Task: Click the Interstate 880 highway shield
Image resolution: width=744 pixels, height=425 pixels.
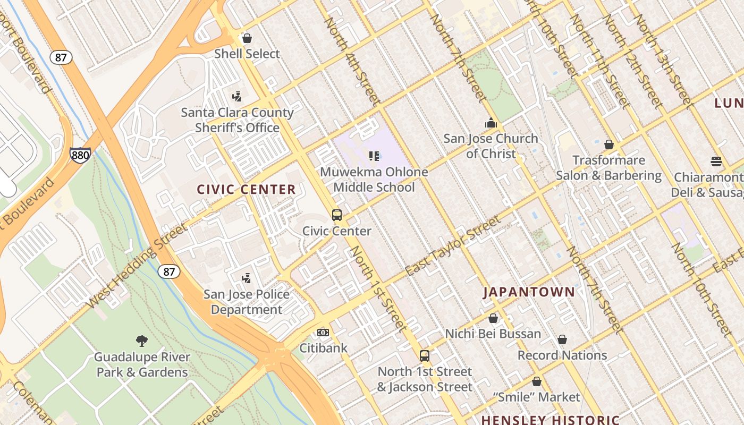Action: (x=79, y=155)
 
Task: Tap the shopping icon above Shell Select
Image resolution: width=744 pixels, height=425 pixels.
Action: (x=247, y=38)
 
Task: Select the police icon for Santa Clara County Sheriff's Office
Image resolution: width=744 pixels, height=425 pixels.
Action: (x=237, y=97)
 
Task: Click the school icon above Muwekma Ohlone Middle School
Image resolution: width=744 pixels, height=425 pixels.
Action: (x=374, y=156)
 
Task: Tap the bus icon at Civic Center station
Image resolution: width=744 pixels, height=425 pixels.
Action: (x=337, y=215)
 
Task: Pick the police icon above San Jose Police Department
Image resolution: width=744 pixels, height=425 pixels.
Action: (x=246, y=278)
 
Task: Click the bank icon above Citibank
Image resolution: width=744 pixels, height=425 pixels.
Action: (x=323, y=333)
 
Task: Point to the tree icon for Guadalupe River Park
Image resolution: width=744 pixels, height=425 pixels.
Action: (x=142, y=341)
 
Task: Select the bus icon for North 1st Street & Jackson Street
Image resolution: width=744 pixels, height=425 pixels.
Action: (x=424, y=356)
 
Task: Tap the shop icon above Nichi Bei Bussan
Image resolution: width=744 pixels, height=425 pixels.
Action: (x=493, y=318)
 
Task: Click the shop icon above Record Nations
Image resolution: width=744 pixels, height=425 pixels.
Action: (x=562, y=339)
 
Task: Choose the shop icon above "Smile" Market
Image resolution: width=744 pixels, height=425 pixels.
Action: (x=537, y=381)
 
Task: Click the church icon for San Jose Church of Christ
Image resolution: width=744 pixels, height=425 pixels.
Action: (x=491, y=123)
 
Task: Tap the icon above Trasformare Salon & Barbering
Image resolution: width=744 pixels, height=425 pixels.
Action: (x=609, y=144)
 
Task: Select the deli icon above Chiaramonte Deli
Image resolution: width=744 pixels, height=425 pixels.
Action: (x=716, y=161)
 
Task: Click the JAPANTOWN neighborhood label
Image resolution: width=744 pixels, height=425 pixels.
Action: (x=529, y=292)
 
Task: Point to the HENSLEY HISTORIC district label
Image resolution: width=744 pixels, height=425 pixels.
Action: (x=550, y=420)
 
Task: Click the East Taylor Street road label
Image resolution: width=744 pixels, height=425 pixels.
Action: (x=453, y=245)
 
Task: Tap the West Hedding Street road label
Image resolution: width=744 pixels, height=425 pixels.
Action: (x=137, y=266)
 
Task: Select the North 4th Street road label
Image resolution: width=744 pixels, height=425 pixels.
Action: (x=352, y=61)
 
